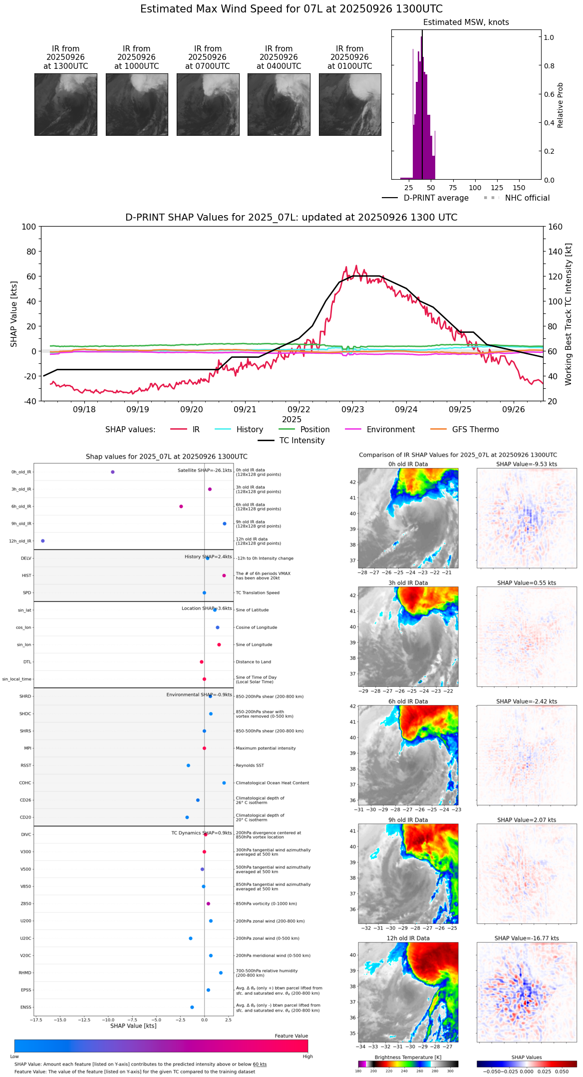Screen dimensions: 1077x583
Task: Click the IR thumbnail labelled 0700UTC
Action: (x=208, y=104)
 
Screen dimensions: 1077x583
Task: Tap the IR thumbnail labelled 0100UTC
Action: (x=350, y=104)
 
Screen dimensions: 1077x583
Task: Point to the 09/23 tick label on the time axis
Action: (x=352, y=409)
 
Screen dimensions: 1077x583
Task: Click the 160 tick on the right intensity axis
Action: (x=555, y=227)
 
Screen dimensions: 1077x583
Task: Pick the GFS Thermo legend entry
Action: (x=475, y=430)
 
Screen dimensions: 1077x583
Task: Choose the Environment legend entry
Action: (x=390, y=430)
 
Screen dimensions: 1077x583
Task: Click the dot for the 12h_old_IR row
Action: (x=43, y=541)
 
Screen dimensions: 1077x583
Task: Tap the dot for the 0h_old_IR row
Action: (x=113, y=472)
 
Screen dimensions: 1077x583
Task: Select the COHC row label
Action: (x=25, y=783)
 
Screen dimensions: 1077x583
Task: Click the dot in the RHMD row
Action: (x=221, y=973)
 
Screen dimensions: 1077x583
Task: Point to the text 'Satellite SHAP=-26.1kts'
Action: (x=205, y=470)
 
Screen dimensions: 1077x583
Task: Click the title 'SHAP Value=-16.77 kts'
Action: (x=527, y=938)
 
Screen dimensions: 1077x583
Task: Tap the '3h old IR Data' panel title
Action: (x=408, y=583)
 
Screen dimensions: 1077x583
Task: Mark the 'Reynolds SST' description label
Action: (x=250, y=766)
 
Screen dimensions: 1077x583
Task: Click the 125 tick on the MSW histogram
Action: (x=497, y=188)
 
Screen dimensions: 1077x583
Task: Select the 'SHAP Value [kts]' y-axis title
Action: (x=14, y=314)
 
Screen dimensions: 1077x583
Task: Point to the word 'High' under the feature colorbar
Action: (x=307, y=1057)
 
